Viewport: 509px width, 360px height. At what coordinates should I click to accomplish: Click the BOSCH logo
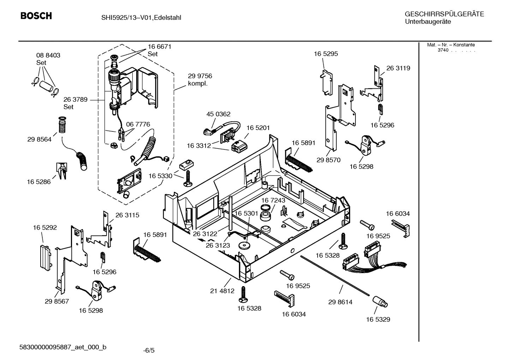[36, 16]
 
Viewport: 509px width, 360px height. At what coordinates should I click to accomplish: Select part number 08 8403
[48, 55]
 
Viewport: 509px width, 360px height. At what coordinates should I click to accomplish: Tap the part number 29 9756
[200, 76]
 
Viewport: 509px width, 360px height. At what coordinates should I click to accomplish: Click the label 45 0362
[218, 114]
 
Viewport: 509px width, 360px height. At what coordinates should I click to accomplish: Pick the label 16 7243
[273, 200]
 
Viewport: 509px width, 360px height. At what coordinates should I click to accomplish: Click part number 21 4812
[222, 291]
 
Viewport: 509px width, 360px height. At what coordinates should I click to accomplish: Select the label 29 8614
[340, 302]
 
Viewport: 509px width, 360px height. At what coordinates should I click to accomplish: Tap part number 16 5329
[378, 319]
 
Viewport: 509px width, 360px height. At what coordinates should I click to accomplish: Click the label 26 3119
[398, 68]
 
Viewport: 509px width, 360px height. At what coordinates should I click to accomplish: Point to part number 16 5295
[326, 54]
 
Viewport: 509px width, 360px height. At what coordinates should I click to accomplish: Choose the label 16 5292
[45, 228]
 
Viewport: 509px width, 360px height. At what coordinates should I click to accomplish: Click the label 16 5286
[39, 182]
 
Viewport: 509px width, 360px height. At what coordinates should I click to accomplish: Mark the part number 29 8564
[39, 140]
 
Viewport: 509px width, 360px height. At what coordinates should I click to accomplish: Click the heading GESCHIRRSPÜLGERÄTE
[444, 14]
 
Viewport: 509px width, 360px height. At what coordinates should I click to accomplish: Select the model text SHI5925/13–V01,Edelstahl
[139, 17]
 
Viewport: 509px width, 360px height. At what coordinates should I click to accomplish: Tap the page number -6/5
[149, 350]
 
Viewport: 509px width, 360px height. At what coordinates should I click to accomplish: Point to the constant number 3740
[443, 50]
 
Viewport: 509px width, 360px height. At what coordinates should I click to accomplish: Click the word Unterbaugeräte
[428, 22]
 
